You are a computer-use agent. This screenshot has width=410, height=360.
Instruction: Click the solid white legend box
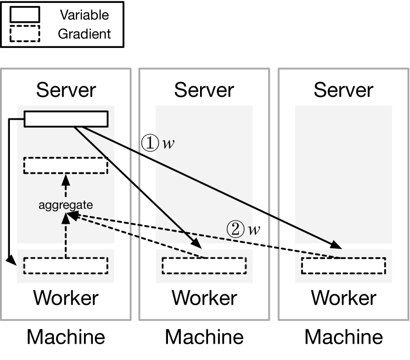tap(25, 15)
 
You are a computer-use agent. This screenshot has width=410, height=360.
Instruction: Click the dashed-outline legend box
tap(25, 34)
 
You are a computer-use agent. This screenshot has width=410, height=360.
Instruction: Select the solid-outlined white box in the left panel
tap(66, 119)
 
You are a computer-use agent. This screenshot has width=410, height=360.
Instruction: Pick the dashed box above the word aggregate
tap(66, 165)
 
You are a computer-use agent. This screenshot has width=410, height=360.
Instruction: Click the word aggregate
tap(66, 205)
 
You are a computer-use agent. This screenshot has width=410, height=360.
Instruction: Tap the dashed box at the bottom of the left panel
tap(66, 266)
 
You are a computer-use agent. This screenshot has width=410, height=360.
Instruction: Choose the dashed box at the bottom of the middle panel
tap(204, 266)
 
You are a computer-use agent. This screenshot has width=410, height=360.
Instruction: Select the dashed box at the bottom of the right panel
tap(343, 266)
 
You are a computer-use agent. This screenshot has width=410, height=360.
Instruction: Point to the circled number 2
tap(236, 229)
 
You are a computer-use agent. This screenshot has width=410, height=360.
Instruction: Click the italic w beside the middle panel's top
tap(168, 144)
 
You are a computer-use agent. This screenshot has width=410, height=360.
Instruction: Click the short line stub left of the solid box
tap(20, 119)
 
